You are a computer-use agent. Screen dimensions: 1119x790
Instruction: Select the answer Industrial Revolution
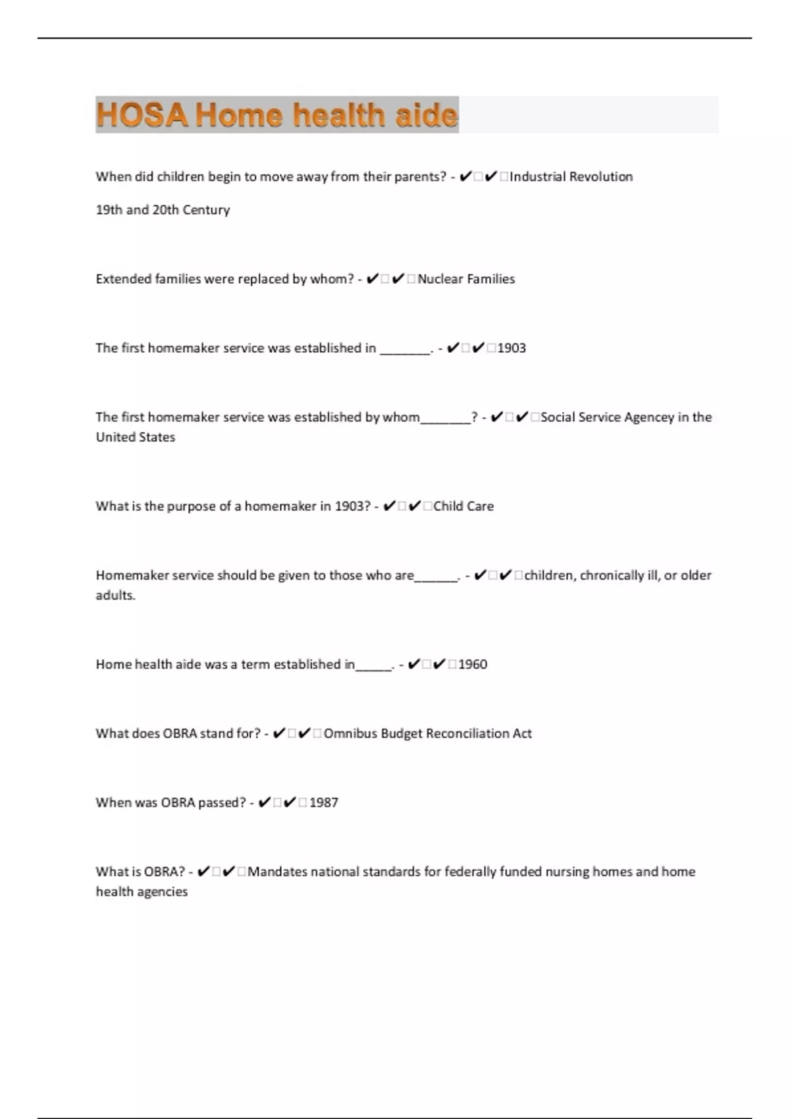pos(571,176)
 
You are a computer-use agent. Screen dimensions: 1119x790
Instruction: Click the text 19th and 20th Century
pos(163,210)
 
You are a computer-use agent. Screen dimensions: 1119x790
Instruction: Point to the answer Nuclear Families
pos(466,279)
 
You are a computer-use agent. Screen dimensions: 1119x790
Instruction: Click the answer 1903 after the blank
pos(512,348)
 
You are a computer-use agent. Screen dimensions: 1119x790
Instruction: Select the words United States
pos(136,437)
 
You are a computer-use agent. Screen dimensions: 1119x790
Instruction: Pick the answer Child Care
pos(463,506)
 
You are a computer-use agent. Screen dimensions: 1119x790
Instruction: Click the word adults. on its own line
pos(116,595)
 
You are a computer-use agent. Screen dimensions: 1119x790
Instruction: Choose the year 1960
pos(473,664)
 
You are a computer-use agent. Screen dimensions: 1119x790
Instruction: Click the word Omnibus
pos(350,733)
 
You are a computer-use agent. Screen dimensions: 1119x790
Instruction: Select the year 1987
pos(324,802)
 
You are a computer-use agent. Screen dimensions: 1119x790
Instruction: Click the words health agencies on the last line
pos(142,892)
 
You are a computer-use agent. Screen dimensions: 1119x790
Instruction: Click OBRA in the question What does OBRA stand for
pos(179,733)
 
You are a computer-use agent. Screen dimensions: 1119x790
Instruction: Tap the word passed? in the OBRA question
pos(222,802)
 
